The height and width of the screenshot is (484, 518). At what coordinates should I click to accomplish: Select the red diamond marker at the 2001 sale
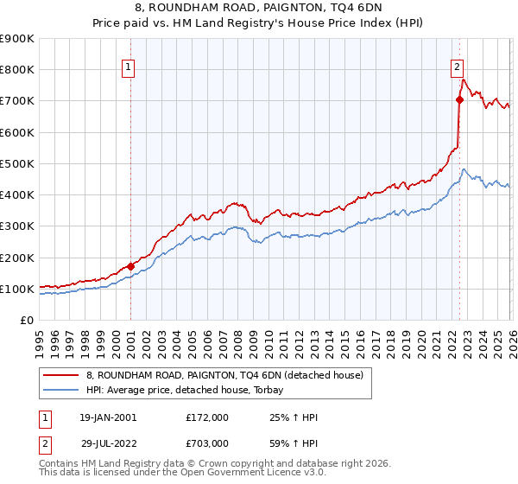pos(130,266)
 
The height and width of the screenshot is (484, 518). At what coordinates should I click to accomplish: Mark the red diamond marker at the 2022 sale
pos(459,99)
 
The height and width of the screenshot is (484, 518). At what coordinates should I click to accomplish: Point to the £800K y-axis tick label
pos(17,70)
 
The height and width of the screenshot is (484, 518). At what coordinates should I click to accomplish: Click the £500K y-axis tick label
pos(17,163)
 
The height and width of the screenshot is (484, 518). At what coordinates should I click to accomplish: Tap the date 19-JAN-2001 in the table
pos(107,417)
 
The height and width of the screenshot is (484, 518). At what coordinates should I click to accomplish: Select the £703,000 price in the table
pos(207,443)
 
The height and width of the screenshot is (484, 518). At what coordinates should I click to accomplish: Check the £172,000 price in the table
pos(207,417)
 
